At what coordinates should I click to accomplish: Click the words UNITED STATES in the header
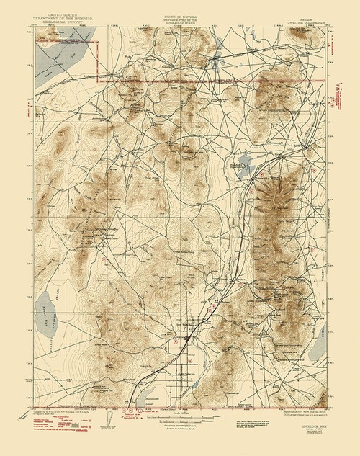63,14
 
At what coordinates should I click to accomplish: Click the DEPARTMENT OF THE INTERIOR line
63,17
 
